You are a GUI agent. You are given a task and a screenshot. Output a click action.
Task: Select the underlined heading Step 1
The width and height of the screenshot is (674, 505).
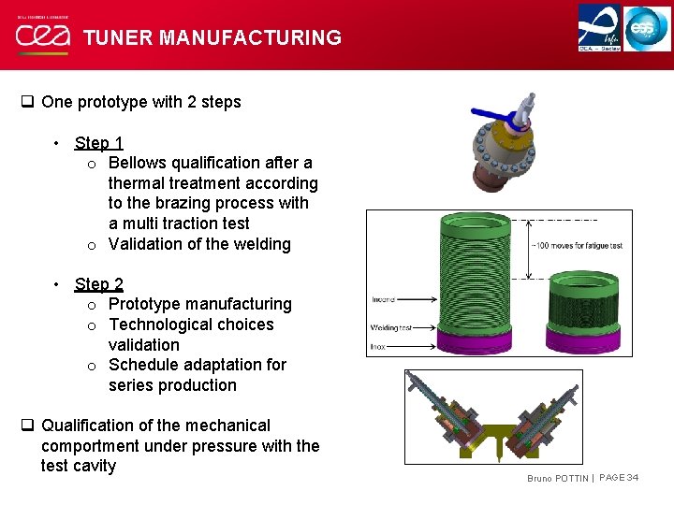click(x=99, y=143)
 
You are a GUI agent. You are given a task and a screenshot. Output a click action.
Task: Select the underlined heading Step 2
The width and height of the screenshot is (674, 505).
click(x=99, y=283)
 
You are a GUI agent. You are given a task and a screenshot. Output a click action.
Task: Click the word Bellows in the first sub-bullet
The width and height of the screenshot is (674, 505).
click(x=140, y=163)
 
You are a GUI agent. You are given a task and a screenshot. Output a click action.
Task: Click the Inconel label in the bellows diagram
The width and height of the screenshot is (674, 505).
click(x=384, y=300)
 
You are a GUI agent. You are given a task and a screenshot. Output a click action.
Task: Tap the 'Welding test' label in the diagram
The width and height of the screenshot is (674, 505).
click(x=392, y=327)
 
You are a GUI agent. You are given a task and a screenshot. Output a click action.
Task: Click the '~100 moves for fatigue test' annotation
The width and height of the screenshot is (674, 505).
click(x=578, y=246)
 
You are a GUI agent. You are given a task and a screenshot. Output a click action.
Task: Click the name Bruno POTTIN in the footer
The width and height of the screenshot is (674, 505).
click(x=558, y=479)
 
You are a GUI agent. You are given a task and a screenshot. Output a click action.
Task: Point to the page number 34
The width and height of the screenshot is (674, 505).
click(x=634, y=478)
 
